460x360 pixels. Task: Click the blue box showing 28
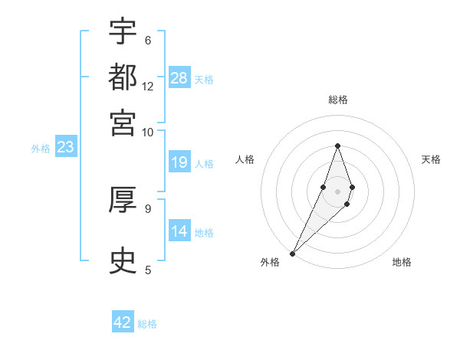click(x=179, y=78)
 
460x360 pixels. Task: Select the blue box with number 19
click(x=179, y=162)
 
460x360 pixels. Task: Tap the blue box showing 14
click(x=179, y=231)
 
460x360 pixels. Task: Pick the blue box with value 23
click(x=65, y=148)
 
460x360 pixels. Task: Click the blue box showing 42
click(x=122, y=322)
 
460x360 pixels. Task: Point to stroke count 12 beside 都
click(x=148, y=87)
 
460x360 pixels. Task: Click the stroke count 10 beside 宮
click(x=148, y=132)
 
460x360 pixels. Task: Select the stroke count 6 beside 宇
click(x=147, y=40)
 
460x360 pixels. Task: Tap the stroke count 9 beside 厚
click(x=147, y=208)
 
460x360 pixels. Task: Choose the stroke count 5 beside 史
click(x=147, y=270)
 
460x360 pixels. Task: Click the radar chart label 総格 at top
click(x=337, y=100)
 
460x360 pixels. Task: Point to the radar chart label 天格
click(x=431, y=159)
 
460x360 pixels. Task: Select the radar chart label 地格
click(x=402, y=262)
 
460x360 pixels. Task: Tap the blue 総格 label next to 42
click(x=147, y=324)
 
